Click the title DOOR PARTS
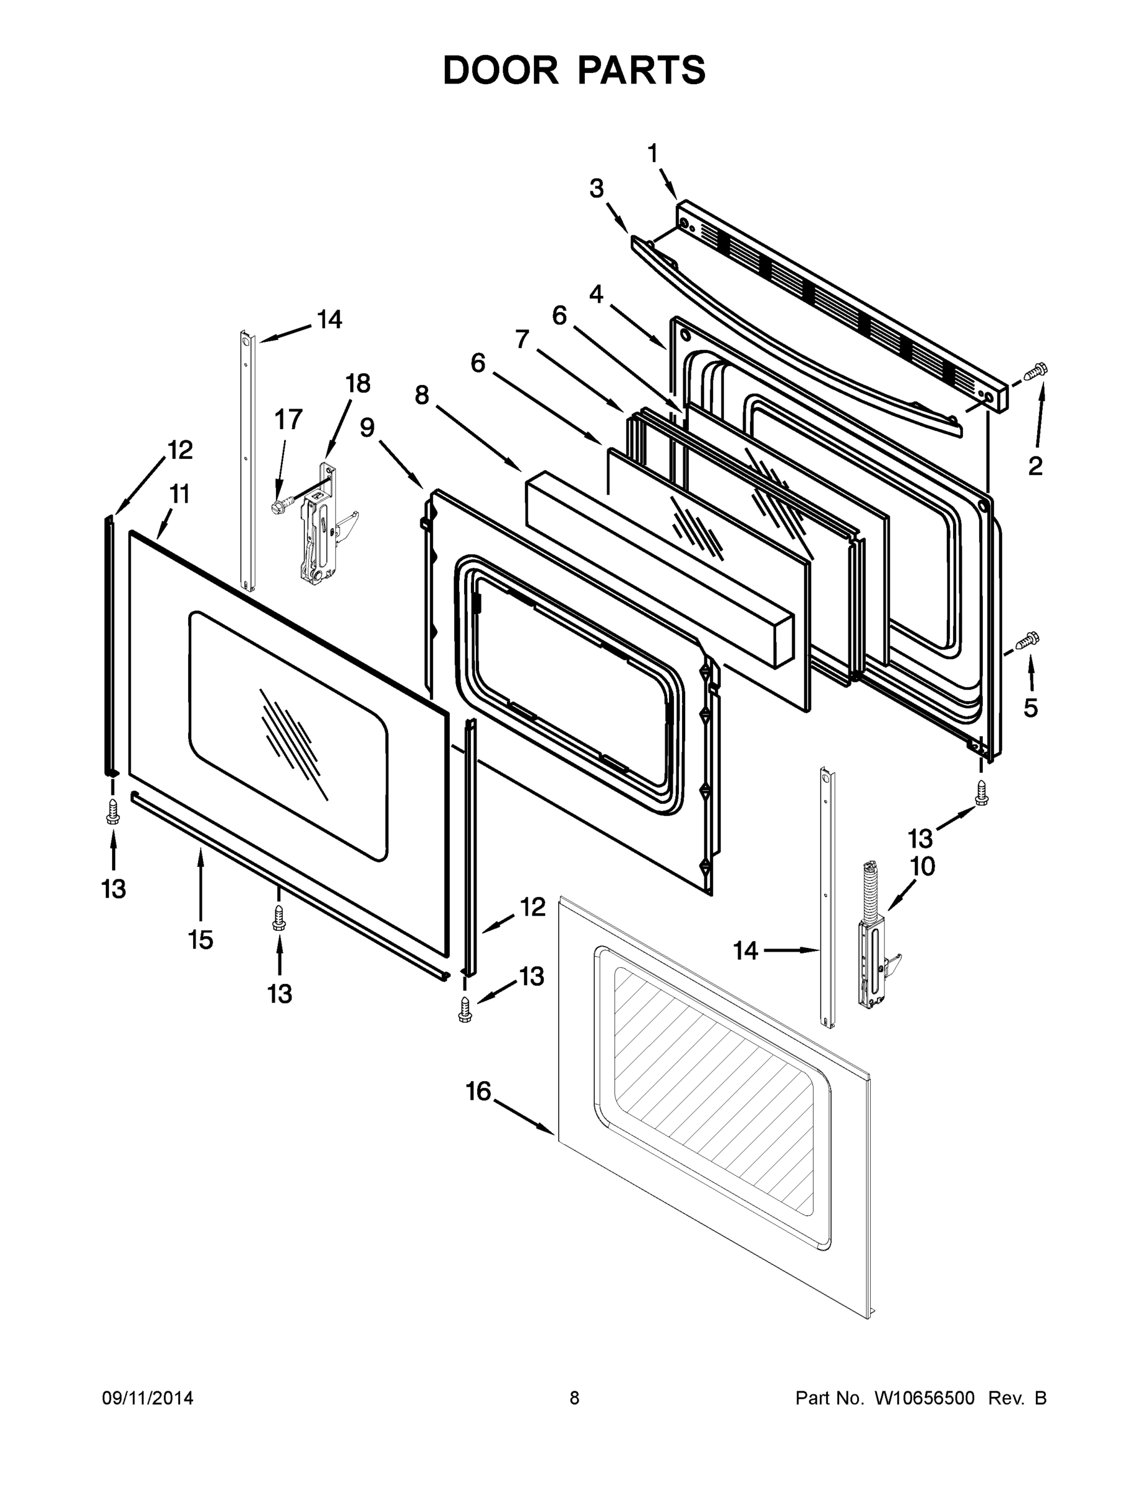(574, 71)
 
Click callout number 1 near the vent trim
(652, 154)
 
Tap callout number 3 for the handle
(597, 189)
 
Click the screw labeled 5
(1027, 640)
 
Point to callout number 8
(421, 394)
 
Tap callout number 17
(288, 420)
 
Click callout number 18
(358, 384)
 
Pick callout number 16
(478, 1092)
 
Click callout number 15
(201, 940)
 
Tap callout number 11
(179, 495)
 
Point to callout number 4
(596, 295)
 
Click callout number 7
(522, 339)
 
